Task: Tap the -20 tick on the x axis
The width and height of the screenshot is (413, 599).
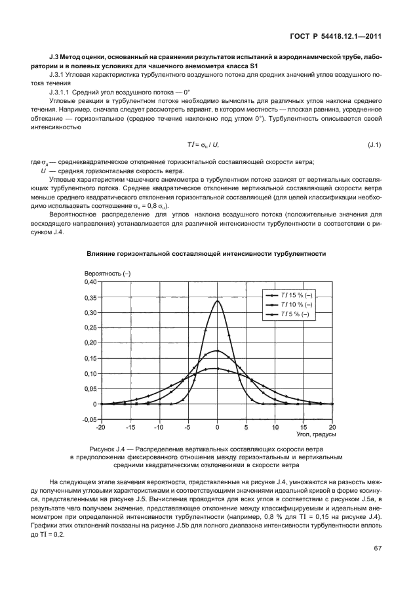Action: [x=100, y=427]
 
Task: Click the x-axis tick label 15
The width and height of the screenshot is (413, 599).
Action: [x=304, y=427]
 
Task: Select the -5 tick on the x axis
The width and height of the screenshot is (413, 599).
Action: [x=187, y=427]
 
